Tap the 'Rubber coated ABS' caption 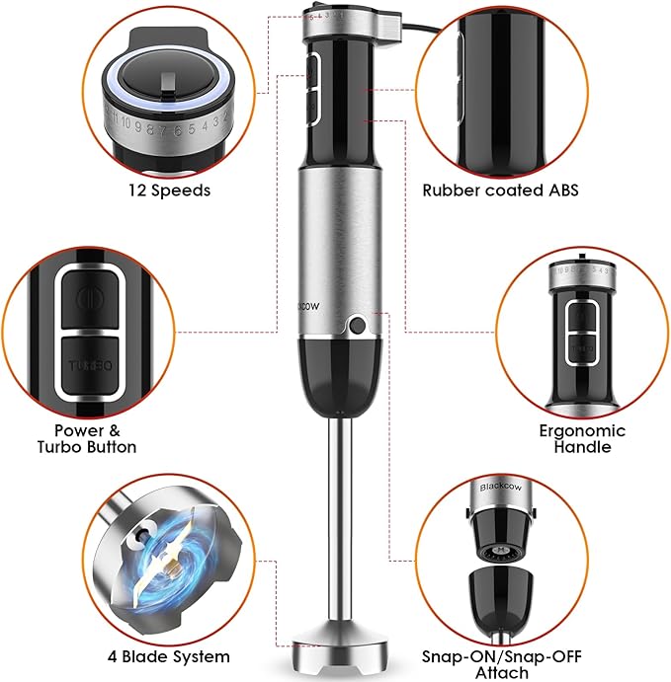499,189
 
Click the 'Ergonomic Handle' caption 582,438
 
